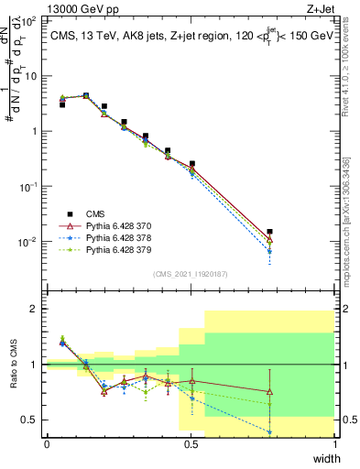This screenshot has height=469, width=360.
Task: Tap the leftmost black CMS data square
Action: pos(62,104)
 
